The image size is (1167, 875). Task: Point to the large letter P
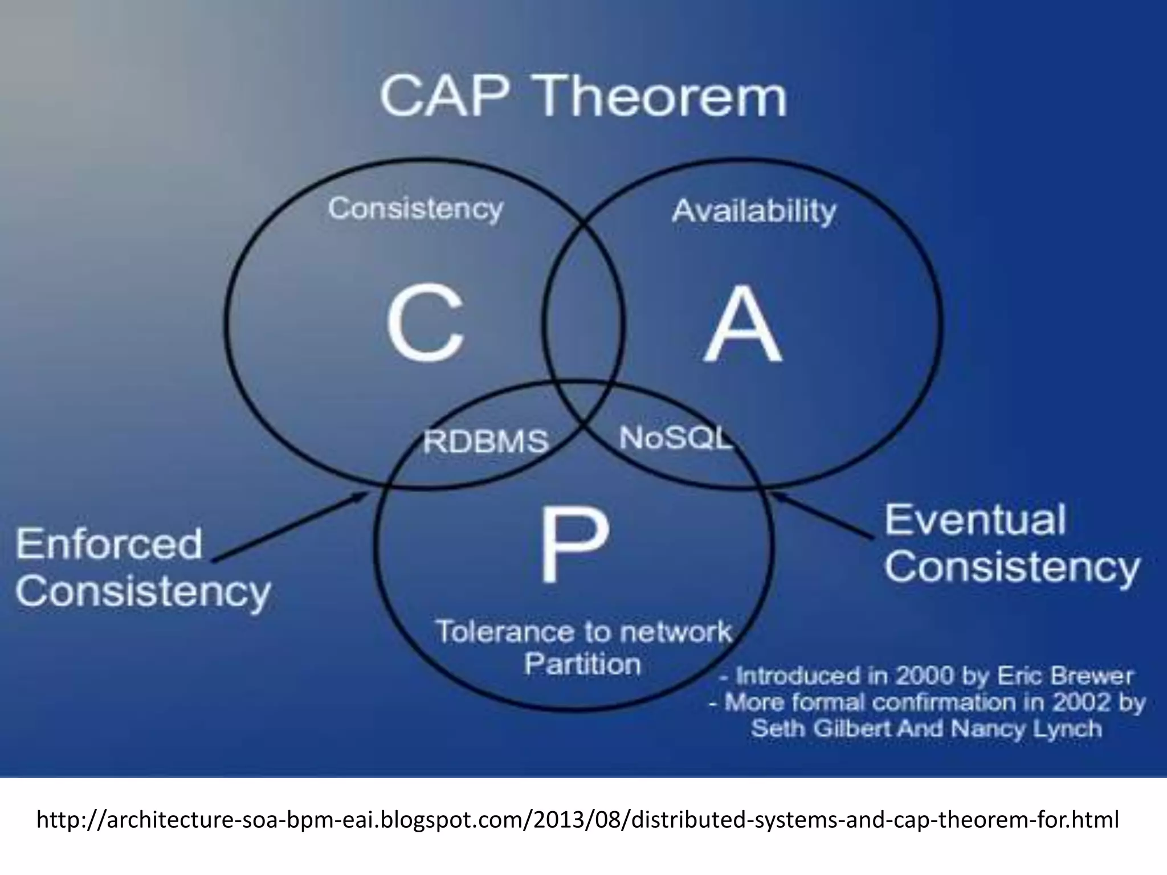click(573, 545)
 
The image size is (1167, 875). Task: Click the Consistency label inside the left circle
click(415, 208)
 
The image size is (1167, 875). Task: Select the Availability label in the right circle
click(753, 211)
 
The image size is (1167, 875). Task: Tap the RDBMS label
click(485, 441)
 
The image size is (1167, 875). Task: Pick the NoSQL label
click(675, 438)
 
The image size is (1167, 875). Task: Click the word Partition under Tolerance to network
click(582, 664)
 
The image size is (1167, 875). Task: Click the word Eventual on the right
click(974, 520)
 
